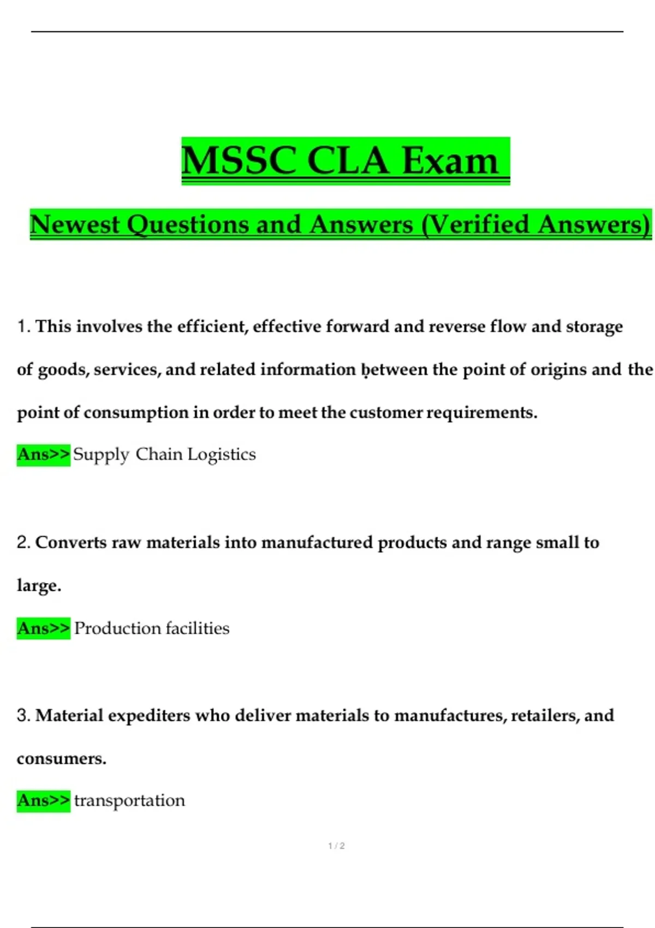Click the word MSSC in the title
click(239, 161)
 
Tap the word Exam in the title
click(450, 161)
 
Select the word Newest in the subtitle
click(75, 224)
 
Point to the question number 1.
click(22, 326)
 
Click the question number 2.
click(23, 543)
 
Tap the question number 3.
click(23, 715)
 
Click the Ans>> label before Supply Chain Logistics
click(43, 454)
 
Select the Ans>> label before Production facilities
click(43, 628)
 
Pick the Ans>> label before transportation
click(43, 801)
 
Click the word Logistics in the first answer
click(221, 455)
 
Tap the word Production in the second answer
click(117, 628)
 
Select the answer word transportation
click(129, 801)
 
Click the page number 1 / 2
click(336, 846)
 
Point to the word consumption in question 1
click(136, 413)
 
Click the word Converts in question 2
click(71, 543)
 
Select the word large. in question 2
click(39, 586)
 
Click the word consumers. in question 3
click(61, 759)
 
